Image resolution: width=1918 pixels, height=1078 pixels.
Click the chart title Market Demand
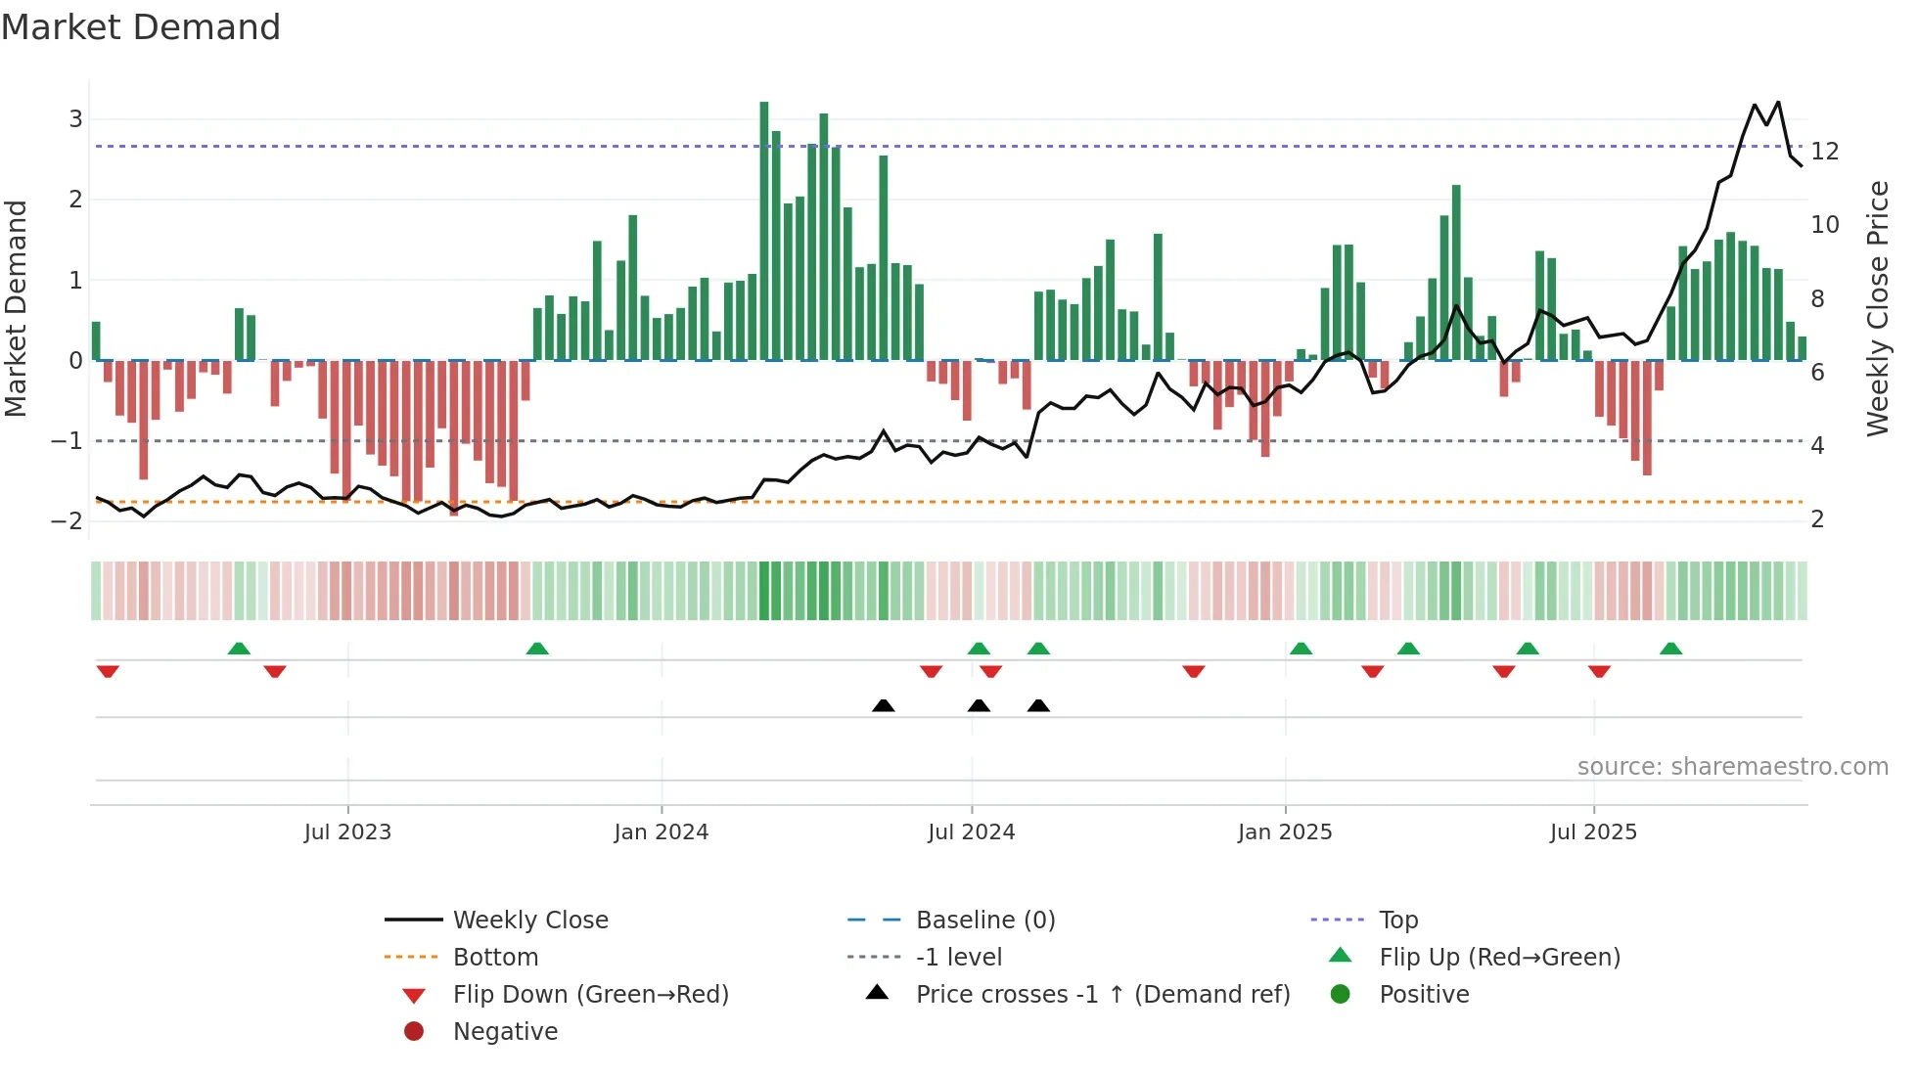(141, 26)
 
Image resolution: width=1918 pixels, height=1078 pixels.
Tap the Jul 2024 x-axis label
(971, 832)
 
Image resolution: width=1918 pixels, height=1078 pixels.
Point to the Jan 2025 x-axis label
(1284, 832)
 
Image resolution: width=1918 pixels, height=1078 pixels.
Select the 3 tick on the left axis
(75, 119)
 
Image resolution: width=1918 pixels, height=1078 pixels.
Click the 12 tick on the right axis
(1825, 152)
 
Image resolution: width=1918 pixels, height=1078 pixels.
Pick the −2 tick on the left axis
(68, 520)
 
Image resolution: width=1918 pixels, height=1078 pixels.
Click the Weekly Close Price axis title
(1877, 308)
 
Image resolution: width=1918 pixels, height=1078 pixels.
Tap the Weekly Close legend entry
(529, 921)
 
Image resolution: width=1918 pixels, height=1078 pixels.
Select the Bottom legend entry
(495, 958)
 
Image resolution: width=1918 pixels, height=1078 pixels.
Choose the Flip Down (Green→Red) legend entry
(590, 995)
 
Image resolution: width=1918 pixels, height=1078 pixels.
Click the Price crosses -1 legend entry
(1102, 995)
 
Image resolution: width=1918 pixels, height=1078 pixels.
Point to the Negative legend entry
(505, 1032)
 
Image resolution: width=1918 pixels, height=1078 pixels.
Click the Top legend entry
(1398, 921)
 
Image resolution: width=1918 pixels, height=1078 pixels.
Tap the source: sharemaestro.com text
(1732, 767)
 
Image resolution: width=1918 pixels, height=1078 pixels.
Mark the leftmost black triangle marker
(883, 705)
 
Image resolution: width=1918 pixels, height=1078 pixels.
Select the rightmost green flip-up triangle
(1670, 649)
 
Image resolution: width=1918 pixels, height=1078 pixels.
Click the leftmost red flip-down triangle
(108, 671)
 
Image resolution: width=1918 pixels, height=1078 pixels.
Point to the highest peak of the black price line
(1778, 102)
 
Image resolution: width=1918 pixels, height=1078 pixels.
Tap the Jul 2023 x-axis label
(347, 832)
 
